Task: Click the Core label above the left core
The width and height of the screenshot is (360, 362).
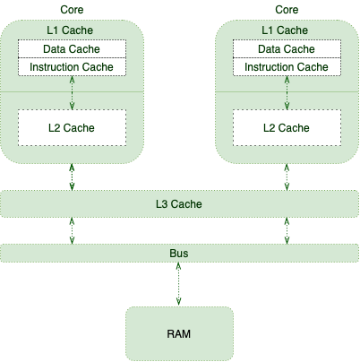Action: coord(72,9)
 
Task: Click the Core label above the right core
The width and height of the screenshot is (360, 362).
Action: coord(287,9)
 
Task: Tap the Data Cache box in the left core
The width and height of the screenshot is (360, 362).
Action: coord(72,49)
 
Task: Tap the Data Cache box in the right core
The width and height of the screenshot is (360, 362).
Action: coord(287,49)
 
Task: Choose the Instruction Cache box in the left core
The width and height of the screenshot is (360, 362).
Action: coord(72,67)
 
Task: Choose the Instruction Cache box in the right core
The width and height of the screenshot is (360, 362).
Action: coord(287,67)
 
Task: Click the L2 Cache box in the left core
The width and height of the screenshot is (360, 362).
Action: coord(72,128)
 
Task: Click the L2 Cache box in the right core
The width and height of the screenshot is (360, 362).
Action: coord(287,128)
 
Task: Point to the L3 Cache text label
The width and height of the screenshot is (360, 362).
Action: coord(179,204)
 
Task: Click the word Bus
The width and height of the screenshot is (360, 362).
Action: coord(179,254)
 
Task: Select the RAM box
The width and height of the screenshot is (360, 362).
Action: coord(179,333)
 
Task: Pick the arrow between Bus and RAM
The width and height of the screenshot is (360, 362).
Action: coord(179,285)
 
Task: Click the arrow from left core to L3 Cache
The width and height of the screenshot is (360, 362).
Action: coord(72,177)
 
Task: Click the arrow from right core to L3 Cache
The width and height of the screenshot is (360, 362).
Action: coord(287,177)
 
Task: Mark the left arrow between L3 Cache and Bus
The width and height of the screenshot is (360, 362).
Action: coord(72,230)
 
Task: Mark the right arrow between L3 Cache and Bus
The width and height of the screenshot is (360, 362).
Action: coord(287,230)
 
